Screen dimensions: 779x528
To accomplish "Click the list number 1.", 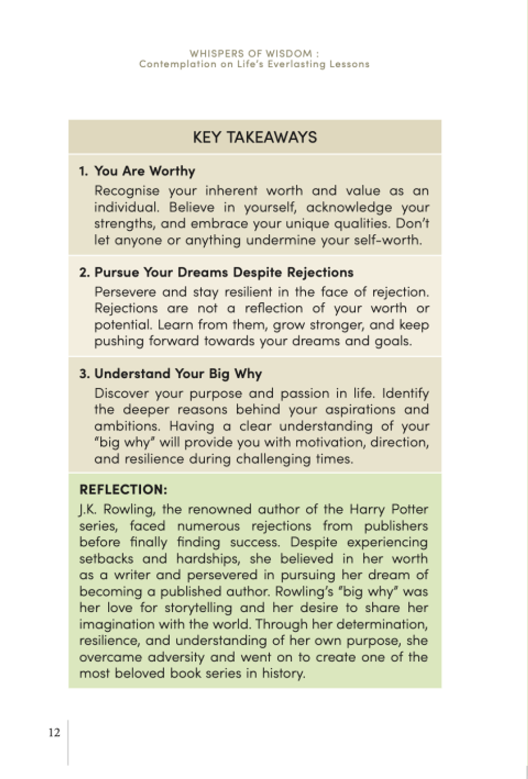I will point(84,171).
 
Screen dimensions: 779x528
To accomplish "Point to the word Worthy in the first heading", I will point(172,171).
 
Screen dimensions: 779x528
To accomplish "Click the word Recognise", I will point(127,191).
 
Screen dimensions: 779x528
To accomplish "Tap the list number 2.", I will point(85,273).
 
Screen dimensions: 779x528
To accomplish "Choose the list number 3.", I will point(85,374).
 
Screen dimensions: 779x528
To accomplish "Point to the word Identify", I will point(405,394).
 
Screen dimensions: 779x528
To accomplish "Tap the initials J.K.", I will point(88,510).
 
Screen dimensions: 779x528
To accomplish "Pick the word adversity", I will point(176,657).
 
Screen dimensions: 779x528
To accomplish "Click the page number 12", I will point(54,733).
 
